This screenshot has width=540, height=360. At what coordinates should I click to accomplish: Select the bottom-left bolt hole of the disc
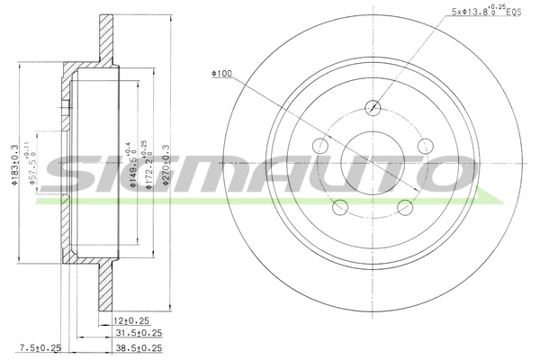point(339,208)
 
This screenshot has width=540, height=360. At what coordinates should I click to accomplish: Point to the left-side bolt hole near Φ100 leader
point(319,147)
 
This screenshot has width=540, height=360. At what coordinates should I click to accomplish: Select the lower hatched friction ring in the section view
point(106,288)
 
